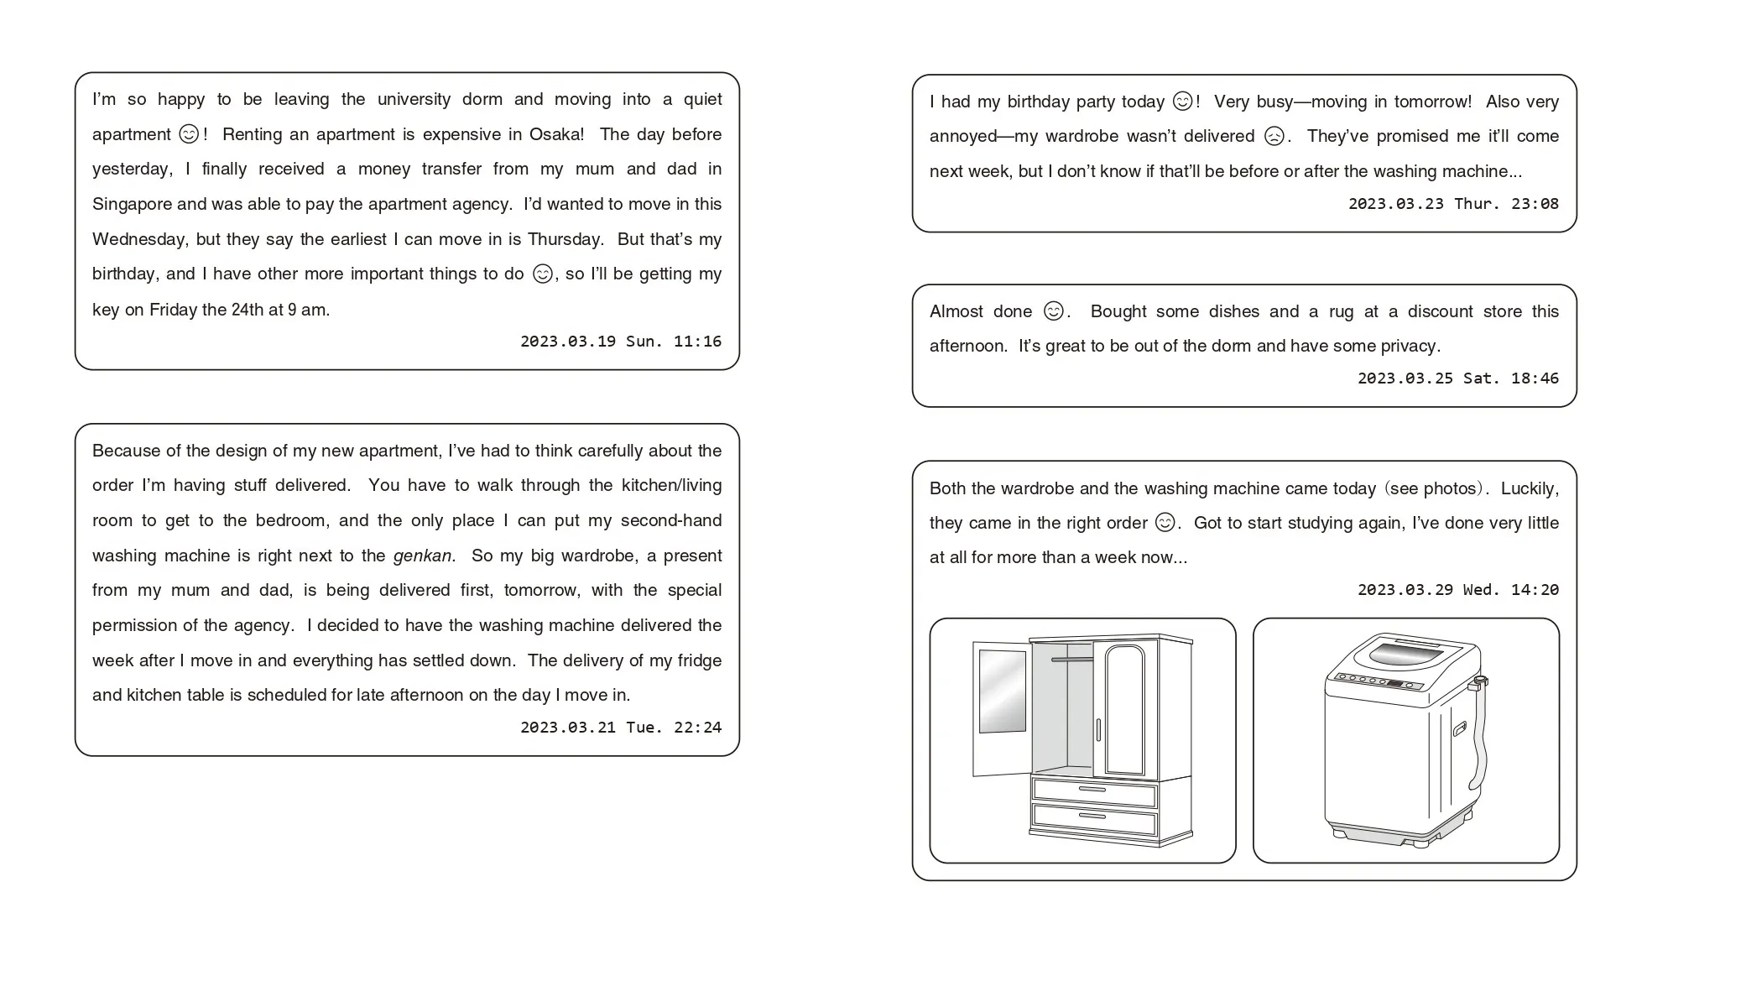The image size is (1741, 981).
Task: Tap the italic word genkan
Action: coord(422,556)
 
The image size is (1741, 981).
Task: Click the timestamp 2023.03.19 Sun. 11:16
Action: coord(620,342)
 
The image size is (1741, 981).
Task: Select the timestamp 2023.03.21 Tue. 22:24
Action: coord(620,728)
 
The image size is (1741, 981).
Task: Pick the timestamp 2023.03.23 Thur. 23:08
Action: coord(1453,204)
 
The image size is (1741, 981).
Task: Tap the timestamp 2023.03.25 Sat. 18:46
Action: coord(1457,378)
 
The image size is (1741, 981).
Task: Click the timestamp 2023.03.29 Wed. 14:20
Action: coord(1457,590)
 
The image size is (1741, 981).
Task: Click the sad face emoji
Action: coord(1274,136)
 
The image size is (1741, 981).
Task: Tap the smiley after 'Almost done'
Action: coord(1053,311)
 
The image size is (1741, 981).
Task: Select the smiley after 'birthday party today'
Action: coord(1182,102)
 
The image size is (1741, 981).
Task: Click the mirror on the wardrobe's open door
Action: coord(1002,691)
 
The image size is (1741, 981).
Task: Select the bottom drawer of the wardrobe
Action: coord(1093,817)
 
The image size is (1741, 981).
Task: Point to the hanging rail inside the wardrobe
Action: coord(1071,660)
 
